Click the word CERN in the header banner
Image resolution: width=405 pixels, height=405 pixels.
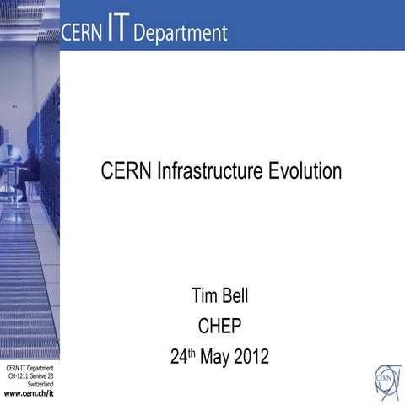point(82,33)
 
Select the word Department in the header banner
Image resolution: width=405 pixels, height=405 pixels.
point(181,34)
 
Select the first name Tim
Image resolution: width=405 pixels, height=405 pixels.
point(206,297)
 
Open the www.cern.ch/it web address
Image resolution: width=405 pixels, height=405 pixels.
point(29,394)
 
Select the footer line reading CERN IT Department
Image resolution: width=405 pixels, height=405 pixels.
point(30,369)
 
